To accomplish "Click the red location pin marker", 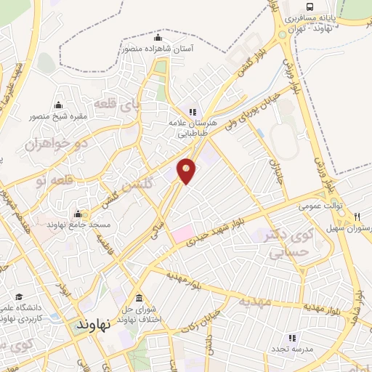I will (187, 170).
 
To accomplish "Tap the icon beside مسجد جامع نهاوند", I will (78, 214).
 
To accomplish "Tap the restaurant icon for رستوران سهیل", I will (357, 217).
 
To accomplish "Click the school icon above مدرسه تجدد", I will (292, 338).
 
